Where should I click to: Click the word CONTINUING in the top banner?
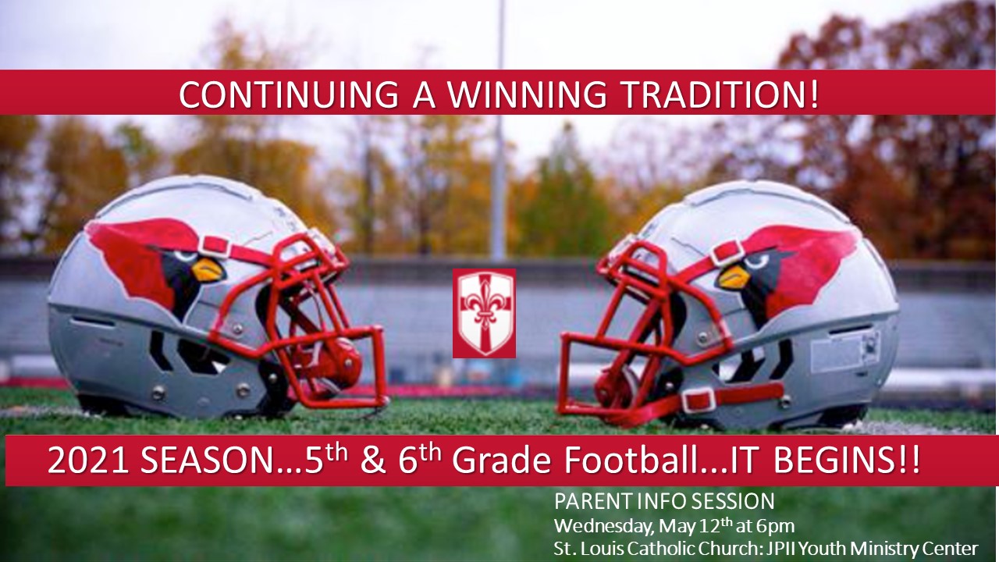(x=289, y=94)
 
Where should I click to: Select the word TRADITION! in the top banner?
(x=720, y=94)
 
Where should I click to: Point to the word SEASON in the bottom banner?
(x=206, y=461)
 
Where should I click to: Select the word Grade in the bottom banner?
(x=502, y=460)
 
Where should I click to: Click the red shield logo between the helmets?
(x=484, y=313)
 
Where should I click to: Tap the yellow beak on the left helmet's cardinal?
(x=208, y=270)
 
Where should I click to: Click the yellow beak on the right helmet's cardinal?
(x=733, y=276)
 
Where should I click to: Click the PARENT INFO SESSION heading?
(x=664, y=501)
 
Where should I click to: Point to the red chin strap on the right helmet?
(x=731, y=399)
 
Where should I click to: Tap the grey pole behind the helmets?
(x=499, y=130)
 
